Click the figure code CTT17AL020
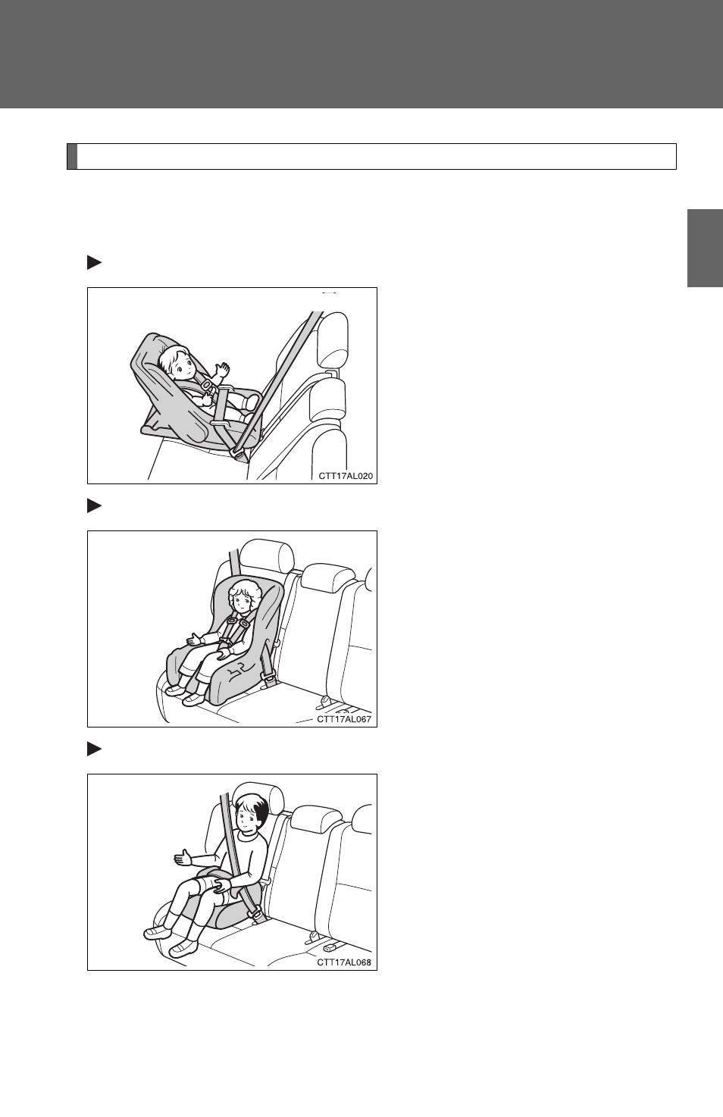tap(346, 476)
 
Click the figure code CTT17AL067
tap(344, 719)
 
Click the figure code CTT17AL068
tap(344, 962)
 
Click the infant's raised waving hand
tap(220, 370)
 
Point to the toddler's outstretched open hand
tap(193, 640)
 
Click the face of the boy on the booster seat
tap(247, 818)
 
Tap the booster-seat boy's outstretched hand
tap(183, 857)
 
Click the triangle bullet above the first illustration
tap(94, 263)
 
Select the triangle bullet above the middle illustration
tap(94, 505)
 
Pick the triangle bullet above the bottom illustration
tap(94, 749)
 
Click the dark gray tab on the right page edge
tap(705, 248)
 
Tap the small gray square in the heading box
tap(72, 157)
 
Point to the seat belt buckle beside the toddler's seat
tap(269, 678)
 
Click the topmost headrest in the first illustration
tap(333, 339)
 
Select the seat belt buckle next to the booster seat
tap(256, 915)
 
